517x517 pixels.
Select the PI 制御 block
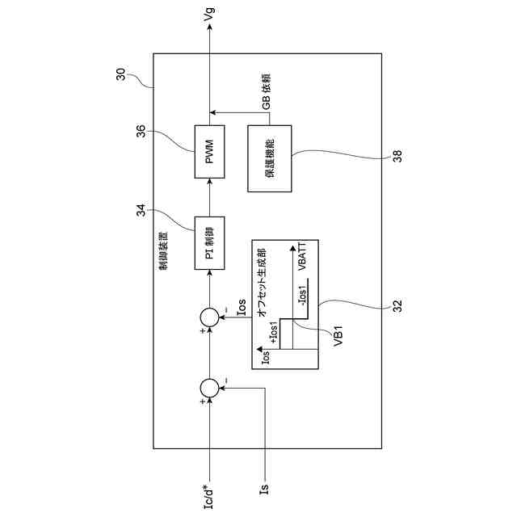209,242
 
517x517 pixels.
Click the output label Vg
210,15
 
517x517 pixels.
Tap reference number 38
397,158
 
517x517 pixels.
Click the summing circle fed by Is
209,389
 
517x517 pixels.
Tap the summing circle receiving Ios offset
209,317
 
